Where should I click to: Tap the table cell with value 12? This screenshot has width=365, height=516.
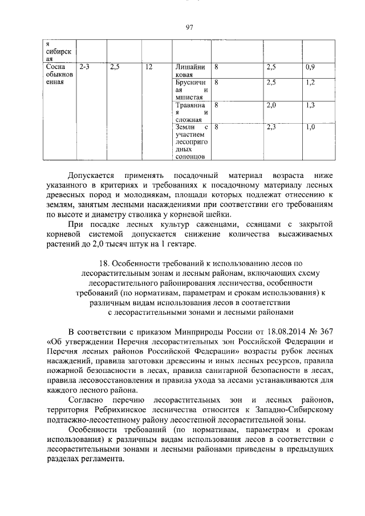(149, 67)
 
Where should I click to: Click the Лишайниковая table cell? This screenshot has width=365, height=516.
(191, 71)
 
